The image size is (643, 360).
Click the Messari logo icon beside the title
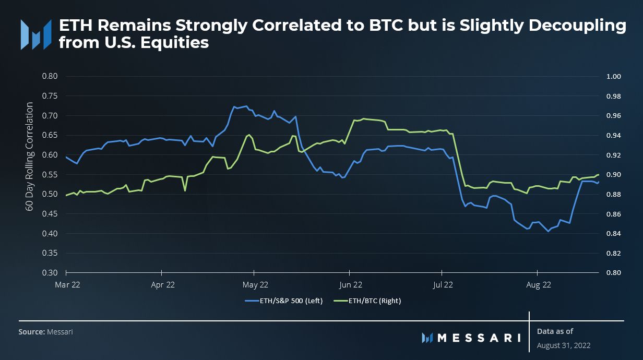pyautogui.click(x=36, y=34)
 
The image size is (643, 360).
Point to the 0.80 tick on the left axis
pyautogui.click(x=49, y=76)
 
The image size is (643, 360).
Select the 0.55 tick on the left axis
pyautogui.click(x=49, y=174)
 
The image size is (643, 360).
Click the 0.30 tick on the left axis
pyautogui.click(x=49, y=273)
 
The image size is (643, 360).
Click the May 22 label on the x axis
pyautogui.click(x=255, y=285)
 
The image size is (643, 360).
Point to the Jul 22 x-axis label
pyautogui.click(x=442, y=285)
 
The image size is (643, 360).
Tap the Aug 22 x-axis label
pyautogui.click(x=538, y=285)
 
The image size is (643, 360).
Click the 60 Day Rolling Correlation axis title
pyautogui.click(x=30, y=157)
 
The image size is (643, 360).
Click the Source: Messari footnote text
pyautogui.click(x=45, y=332)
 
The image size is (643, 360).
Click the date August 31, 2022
pyautogui.click(x=564, y=345)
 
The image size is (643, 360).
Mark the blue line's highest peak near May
pyautogui.click(x=246, y=106)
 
